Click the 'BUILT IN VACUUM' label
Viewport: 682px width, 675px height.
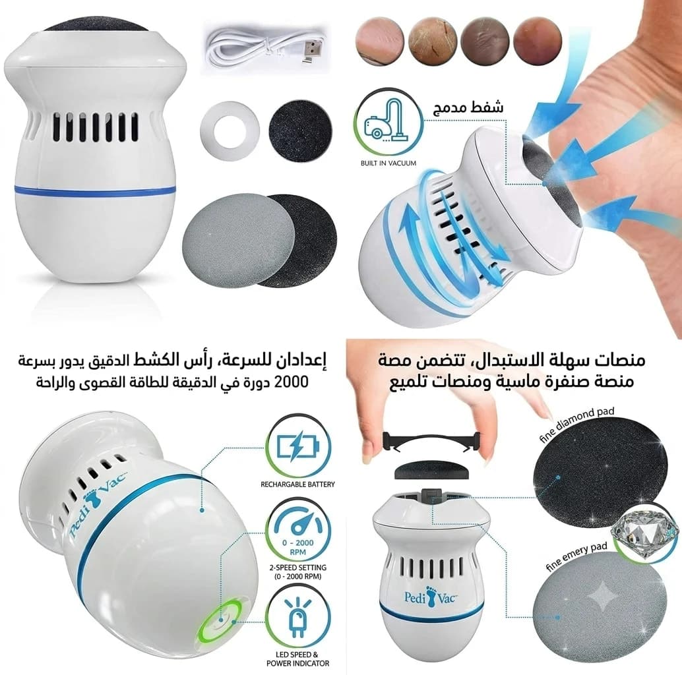click(x=388, y=163)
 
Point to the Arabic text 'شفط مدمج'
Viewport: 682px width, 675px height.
click(x=467, y=105)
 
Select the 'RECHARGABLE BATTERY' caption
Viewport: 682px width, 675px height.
click(x=298, y=484)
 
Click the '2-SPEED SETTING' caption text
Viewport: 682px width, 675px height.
click(x=298, y=568)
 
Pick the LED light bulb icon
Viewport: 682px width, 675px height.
click(x=298, y=618)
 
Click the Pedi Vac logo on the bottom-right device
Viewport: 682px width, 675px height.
click(x=430, y=597)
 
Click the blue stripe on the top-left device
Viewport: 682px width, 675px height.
click(x=95, y=189)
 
